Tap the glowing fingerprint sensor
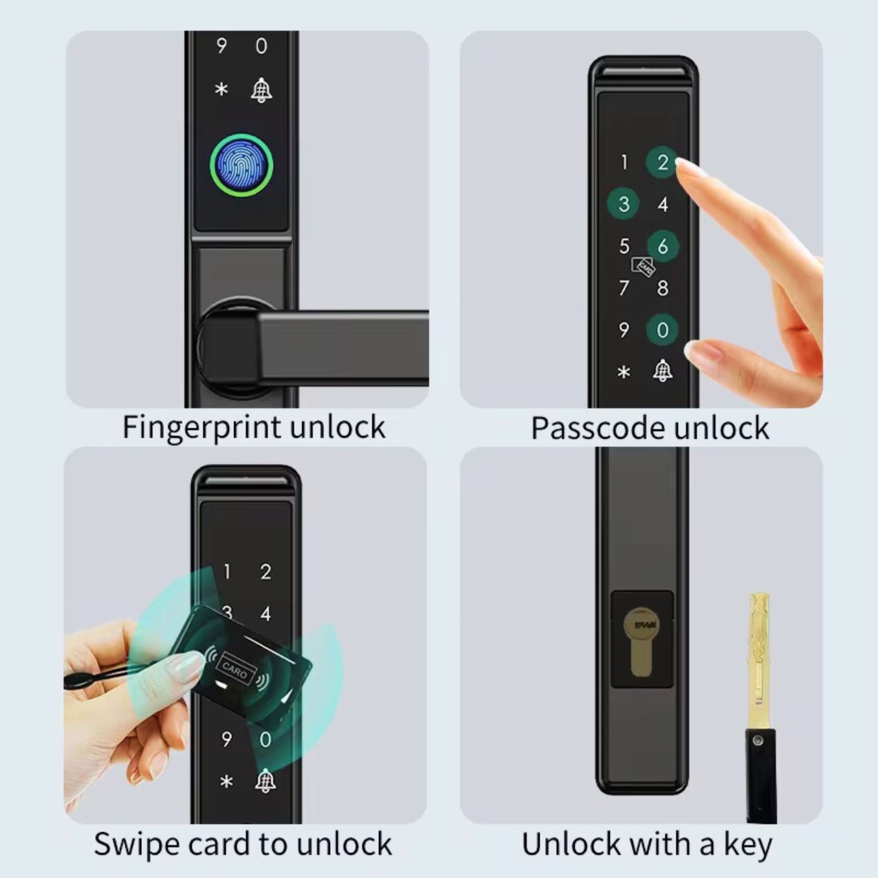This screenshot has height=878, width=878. (x=241, y=165)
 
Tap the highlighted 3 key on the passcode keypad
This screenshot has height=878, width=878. (x=624, y=203)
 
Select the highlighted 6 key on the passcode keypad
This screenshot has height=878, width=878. (x=663, y=246)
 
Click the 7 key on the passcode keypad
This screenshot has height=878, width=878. (x=624, y=288)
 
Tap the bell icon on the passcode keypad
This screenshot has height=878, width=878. (x=662, y=370)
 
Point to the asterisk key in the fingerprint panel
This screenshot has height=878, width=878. (x=222, y=89)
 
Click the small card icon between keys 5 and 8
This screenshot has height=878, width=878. (x=643, y=267)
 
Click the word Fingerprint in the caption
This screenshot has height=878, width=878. (x=202, y=428)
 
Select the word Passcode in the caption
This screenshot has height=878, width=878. (x=599, y=428)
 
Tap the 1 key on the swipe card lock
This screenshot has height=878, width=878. (x=227, y=571)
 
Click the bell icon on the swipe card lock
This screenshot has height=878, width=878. (x=265, y=781)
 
